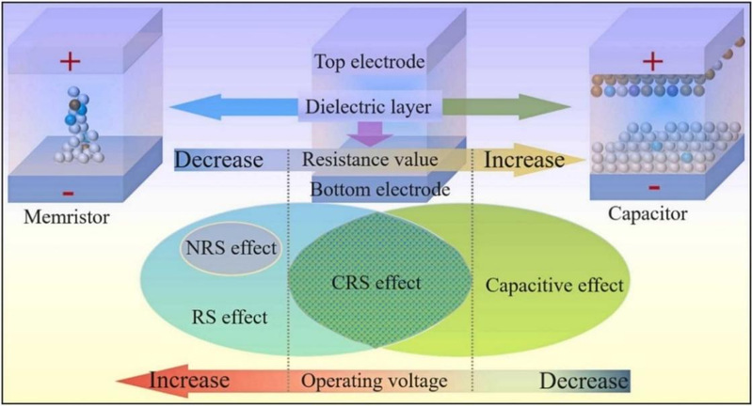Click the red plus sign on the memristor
point(68,63)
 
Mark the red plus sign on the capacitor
point(650,61)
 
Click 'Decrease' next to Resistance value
point(217,159)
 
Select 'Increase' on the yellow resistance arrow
point(523,158)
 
